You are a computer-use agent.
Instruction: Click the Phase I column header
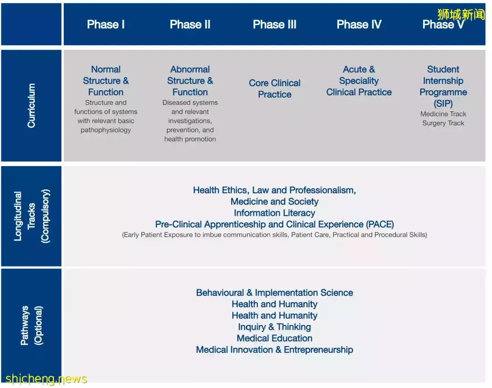106,25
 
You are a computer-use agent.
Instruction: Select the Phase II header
190,25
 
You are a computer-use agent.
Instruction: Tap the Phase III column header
275,25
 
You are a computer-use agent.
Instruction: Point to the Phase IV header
359,25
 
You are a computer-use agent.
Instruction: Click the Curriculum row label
31,105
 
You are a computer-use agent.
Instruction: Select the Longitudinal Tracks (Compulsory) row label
31,216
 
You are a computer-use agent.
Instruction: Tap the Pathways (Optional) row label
31,325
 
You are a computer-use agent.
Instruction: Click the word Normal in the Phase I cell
106,69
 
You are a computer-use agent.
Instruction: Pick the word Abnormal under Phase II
190,69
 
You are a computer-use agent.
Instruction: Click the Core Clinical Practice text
275,89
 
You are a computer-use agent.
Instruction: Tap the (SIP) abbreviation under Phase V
443,104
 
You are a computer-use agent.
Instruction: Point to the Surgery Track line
443,123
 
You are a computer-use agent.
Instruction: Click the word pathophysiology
106,130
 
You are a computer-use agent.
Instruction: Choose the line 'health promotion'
190,139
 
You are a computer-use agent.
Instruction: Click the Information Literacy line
275,213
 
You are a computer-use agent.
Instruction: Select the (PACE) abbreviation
379,224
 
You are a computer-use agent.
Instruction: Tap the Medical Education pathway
275,338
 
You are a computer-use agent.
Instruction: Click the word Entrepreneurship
318,350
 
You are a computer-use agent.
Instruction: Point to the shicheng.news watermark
46,379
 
